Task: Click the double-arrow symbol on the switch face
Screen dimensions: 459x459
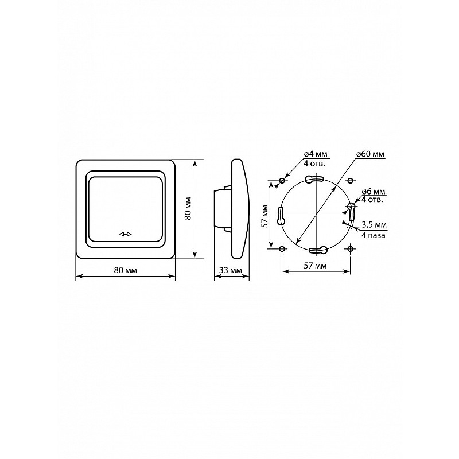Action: [x=126, y=234]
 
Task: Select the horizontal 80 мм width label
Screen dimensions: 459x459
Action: [x=125, y=270]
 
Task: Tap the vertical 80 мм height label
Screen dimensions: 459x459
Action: [x=188, y=208]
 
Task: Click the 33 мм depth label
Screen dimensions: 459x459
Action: [x=231, y=270]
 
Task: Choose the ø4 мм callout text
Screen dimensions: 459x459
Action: [x=316, y=154]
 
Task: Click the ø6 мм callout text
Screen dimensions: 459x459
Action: [x=374, y=192]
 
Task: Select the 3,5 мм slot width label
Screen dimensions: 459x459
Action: [x=374, y=225]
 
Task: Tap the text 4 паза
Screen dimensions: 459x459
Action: [x=374, y=235]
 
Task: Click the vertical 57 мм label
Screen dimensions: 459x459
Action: [x=264, y=216]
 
